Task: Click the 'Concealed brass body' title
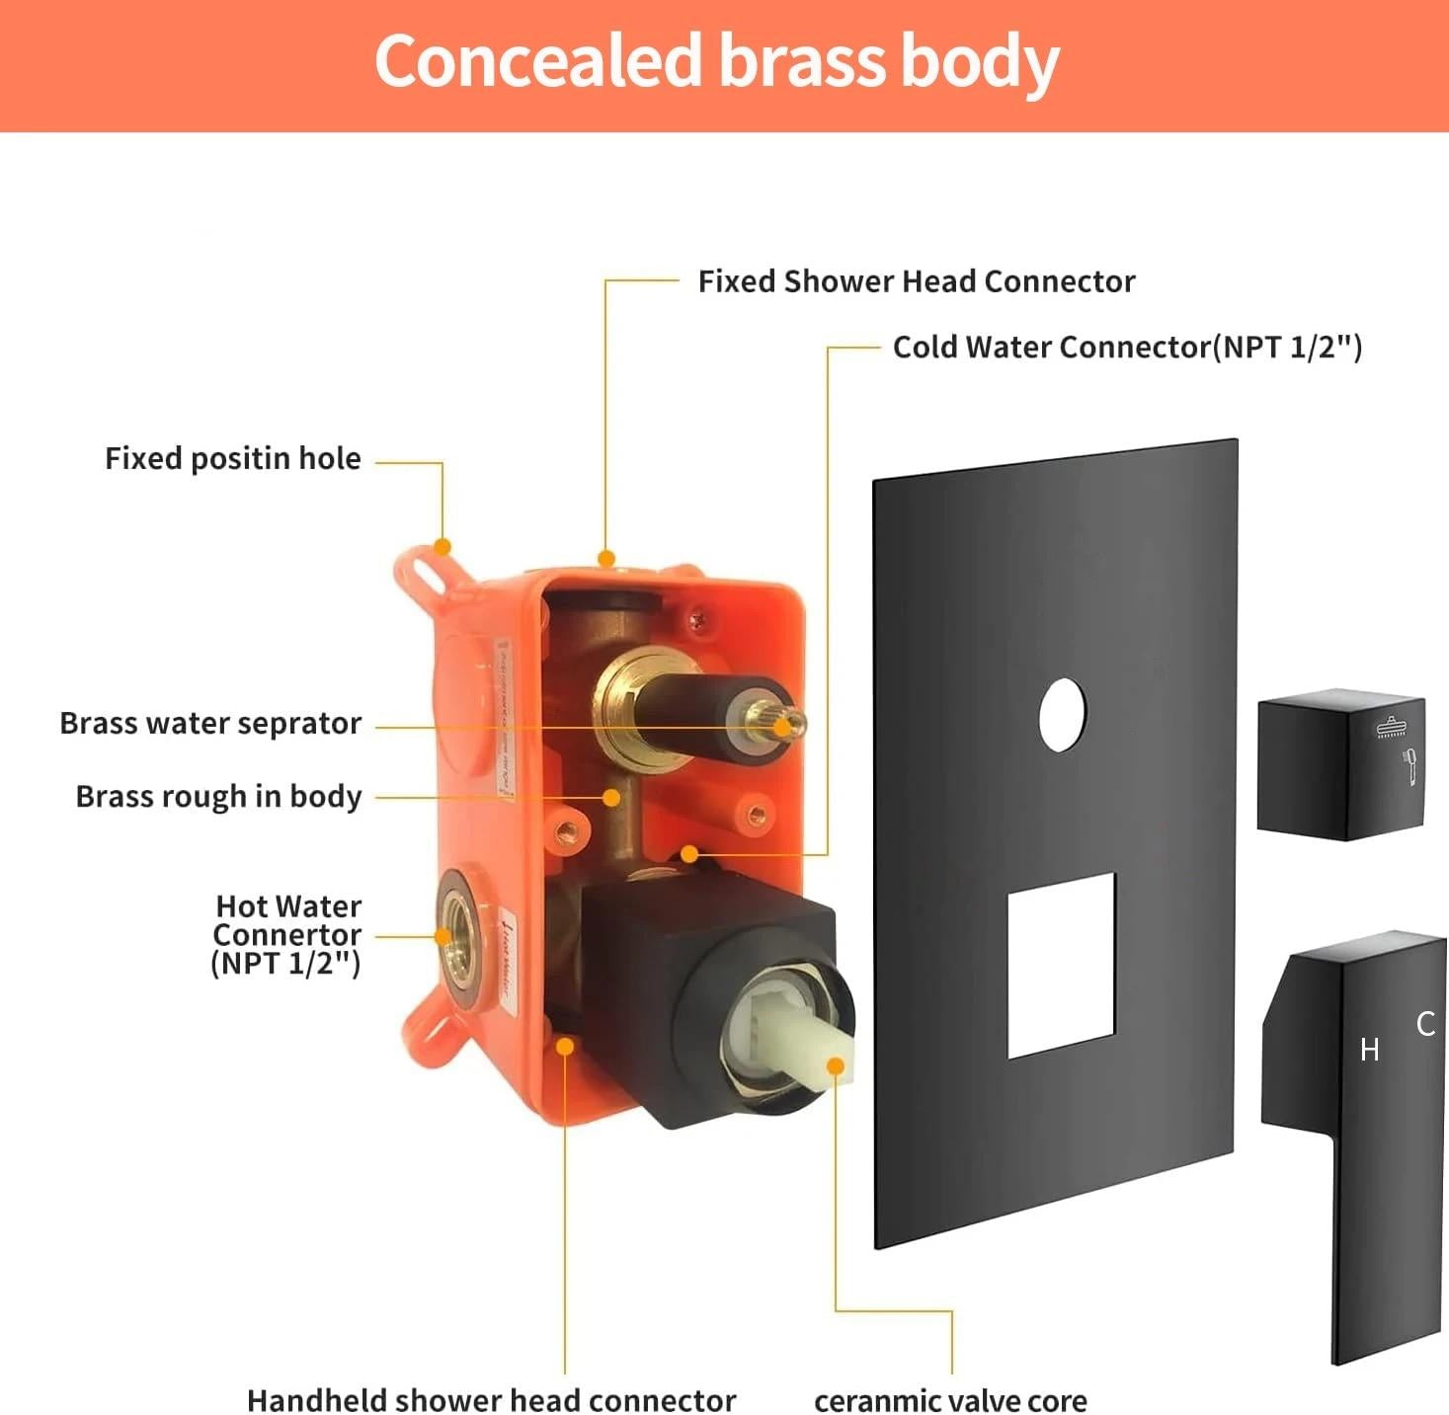point(717,61)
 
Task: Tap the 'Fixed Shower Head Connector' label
point(916,281)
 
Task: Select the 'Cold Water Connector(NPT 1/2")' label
point(1127,348)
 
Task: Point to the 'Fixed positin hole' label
point(233,458)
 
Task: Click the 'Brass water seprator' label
point(210,723)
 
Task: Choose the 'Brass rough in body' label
point(218,796)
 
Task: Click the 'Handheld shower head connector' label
point(491,1400)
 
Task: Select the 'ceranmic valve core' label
point(950,1400)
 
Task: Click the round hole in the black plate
point(1063,715)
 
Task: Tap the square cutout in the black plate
point(1062,965)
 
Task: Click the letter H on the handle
point(1369,1049)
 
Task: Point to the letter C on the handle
point(1425,1024)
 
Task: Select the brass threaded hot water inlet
point(458,933)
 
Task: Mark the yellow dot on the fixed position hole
point(443,546)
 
